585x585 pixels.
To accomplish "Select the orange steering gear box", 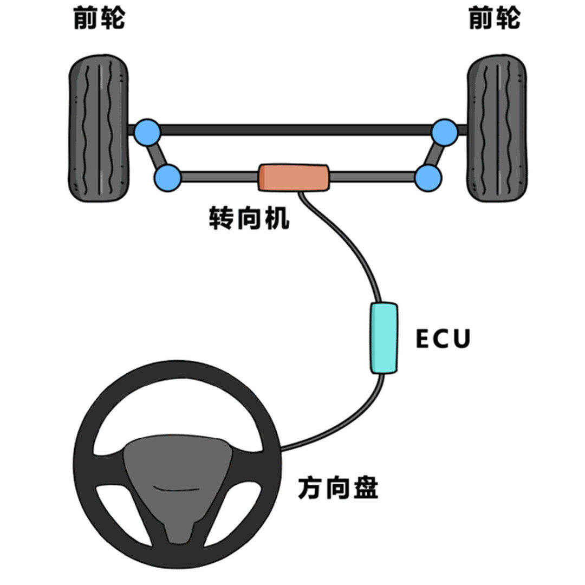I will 294,177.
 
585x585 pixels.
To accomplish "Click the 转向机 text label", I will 249,219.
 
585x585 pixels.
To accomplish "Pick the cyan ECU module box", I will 383,337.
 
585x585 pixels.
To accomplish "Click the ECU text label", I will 443,339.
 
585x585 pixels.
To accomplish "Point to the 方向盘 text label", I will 338,488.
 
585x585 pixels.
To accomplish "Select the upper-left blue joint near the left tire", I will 147,132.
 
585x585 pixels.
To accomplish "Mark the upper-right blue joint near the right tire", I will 445,132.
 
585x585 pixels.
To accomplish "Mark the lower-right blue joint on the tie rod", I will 428,177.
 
